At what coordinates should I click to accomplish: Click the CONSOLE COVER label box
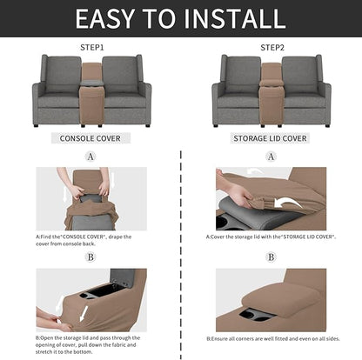click(90, 138)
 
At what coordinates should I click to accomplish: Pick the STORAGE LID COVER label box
click(270, 138)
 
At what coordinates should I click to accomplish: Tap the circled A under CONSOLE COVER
click(90, 157)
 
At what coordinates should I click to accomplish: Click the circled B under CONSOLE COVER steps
click(90, 257)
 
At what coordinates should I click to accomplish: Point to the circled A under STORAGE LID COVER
click(270, 157)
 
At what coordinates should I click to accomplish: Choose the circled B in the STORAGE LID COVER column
click(270, 257)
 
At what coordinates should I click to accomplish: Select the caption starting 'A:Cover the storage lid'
click(270, 236)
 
